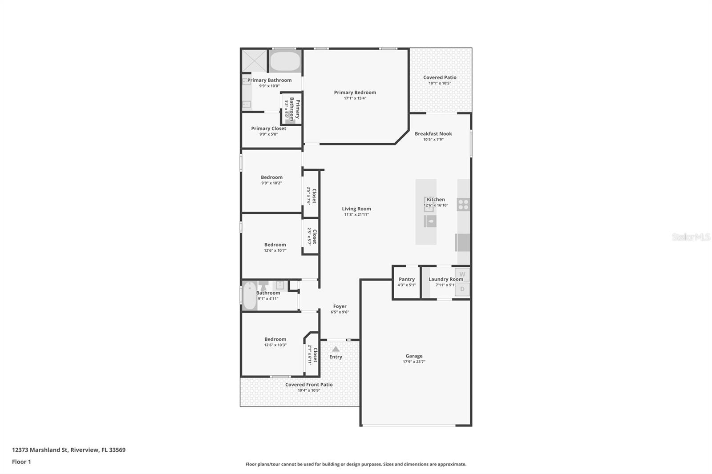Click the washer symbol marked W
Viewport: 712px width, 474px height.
462,274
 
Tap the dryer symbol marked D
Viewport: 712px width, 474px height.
462,289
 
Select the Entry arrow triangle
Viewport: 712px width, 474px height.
336,349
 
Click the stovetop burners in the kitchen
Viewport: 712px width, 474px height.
463,205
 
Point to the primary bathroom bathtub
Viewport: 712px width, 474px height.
285,61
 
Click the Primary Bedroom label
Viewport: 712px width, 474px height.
355,92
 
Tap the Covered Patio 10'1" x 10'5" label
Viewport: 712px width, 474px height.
440,80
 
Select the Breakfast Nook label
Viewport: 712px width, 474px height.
433,133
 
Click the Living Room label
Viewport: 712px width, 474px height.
356,209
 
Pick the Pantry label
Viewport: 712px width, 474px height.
406,279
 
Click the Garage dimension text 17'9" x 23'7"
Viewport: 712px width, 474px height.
414,362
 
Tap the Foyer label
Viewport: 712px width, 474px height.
340,306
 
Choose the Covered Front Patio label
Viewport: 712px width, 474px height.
309,385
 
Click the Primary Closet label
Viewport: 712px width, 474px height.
268,129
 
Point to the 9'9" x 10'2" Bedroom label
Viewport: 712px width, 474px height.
271,177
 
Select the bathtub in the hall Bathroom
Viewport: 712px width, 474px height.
250,296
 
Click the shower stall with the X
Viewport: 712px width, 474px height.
254,60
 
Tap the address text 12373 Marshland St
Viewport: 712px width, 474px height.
40,450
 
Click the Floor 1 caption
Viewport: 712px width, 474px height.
21,462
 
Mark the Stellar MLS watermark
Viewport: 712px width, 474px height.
691,237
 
